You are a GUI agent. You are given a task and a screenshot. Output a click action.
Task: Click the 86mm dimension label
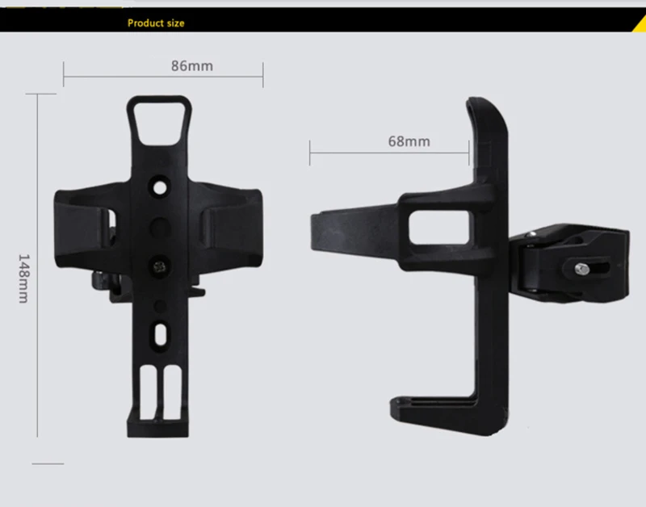192,66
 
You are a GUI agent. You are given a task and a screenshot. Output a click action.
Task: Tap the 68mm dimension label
409,141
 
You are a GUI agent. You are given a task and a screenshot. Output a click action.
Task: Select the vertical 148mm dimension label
24,279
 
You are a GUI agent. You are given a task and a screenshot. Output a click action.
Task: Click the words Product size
156,23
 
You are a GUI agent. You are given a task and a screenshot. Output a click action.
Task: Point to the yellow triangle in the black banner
640,25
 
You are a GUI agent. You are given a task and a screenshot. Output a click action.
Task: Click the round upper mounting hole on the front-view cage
160,188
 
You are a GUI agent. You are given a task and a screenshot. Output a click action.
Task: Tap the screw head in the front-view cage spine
159,267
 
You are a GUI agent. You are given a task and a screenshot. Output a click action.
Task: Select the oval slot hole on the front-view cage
160,334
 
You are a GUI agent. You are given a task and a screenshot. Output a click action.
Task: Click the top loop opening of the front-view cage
159,123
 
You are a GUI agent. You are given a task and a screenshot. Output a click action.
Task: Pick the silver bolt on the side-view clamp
581,270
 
